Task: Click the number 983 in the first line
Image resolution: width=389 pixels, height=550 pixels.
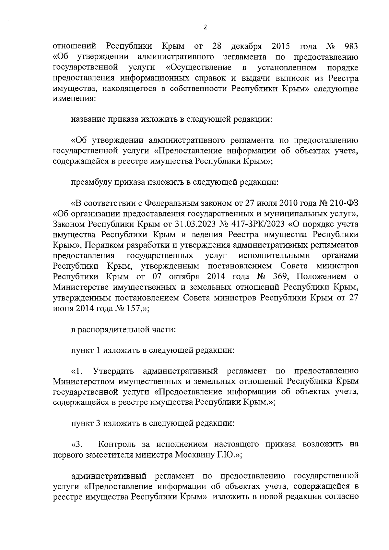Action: pyautogui.click(x=351, y=46)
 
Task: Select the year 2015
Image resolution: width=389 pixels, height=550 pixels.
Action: pyautogui.click(x=281, y=46)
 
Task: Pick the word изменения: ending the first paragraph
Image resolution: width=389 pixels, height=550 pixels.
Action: pyautogui.click(x=74, y=99)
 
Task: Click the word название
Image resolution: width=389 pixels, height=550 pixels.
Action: pyautogui.click(x=88, y=119)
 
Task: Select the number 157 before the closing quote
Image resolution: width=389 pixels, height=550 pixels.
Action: pyautogui.click(x=134, y=308)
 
